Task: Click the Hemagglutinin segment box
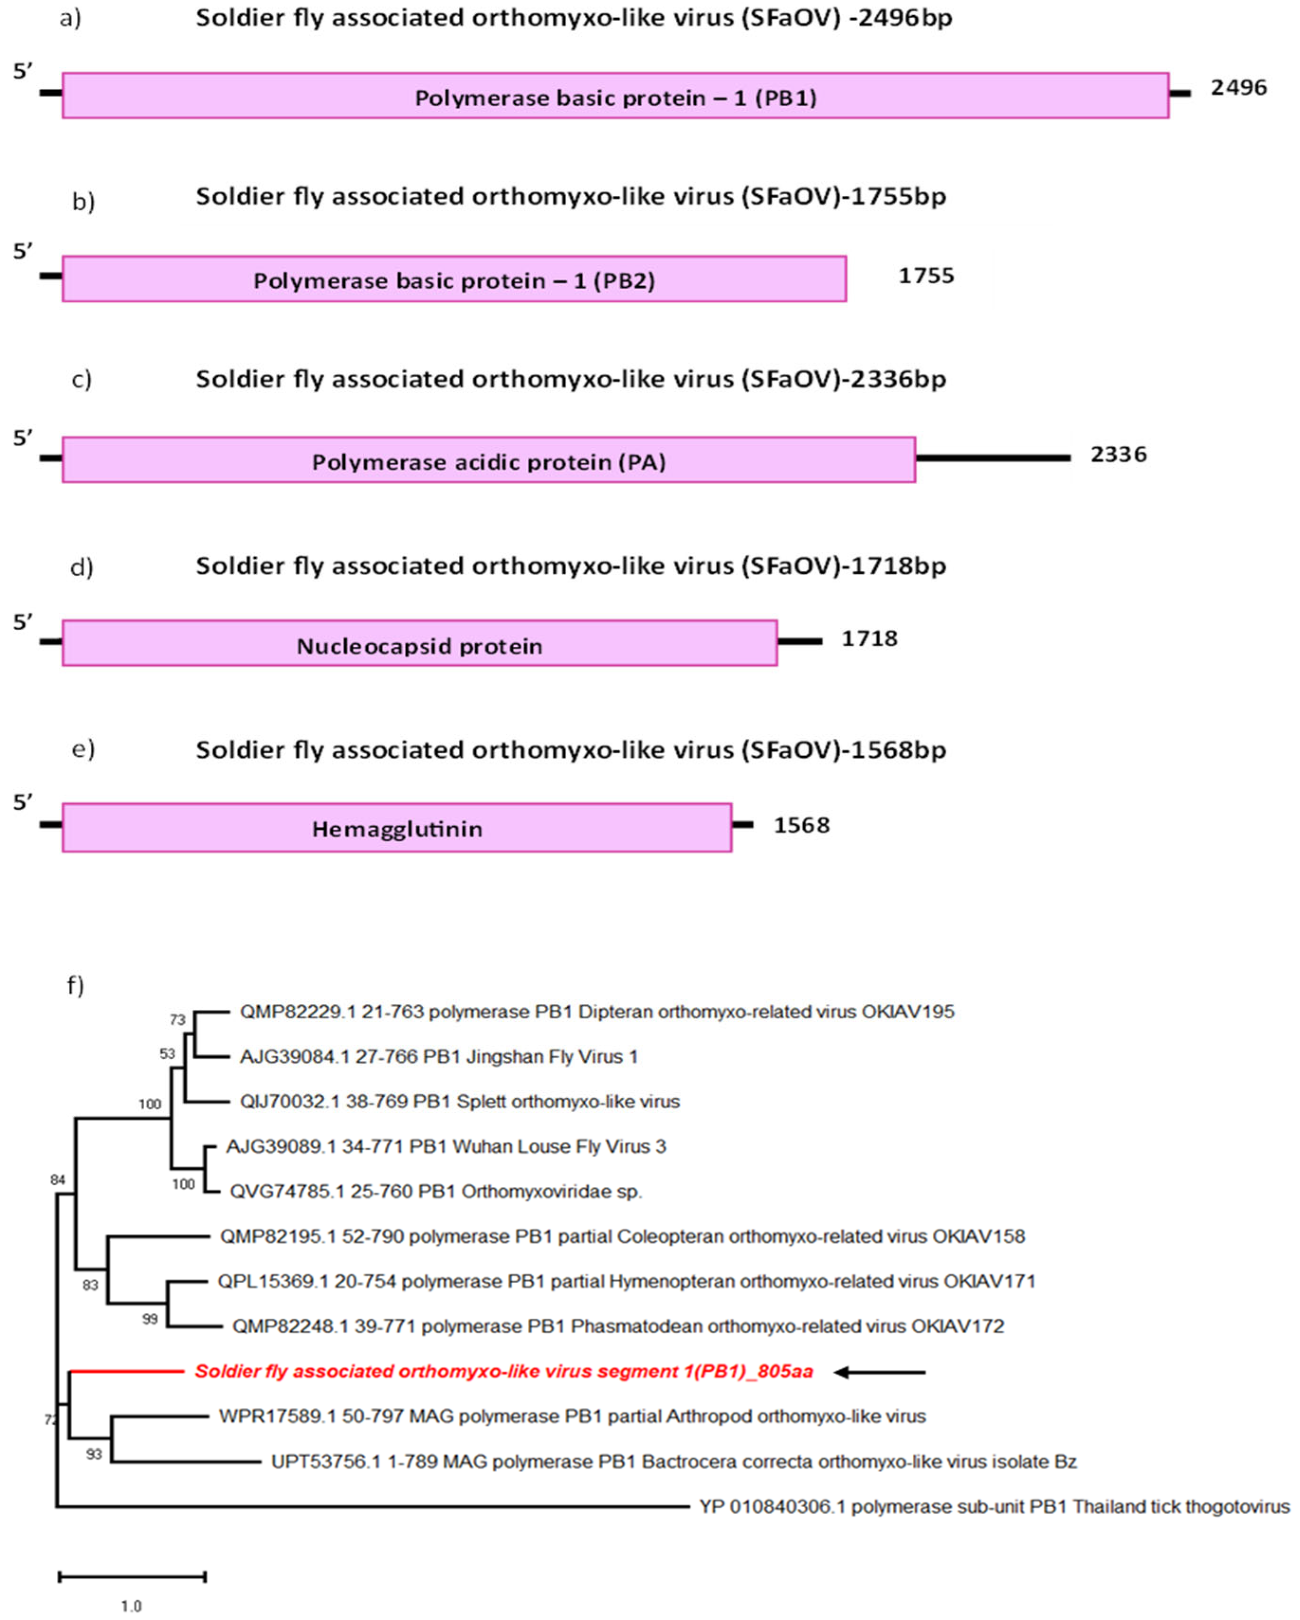(396, 828)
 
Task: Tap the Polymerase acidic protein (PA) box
(489, 460)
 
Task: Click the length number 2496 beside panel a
(1238, 88)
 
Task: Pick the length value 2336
(1118, 454)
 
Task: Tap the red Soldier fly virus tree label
(503, 1371)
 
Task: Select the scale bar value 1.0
(131, 1606)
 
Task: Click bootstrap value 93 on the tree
(94, 1454)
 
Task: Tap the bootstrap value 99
(150, 1319)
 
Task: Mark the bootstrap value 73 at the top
(177, 1020)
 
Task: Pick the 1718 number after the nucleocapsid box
(869, 639)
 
